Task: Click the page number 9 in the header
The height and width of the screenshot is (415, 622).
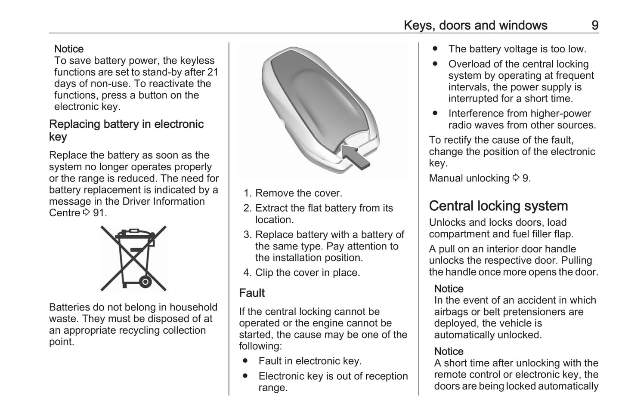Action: pyautogui.click(x=594, y=25)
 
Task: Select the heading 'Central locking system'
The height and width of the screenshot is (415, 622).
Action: pyautogui.click(x=498, y=206)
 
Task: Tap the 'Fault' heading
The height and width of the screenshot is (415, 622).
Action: pyautogui.click(x=252, y=293)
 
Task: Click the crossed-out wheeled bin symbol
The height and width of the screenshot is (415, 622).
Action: pyautogui.click(x=133, y=258)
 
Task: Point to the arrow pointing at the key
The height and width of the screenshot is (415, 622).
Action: pyautogui.click(x=356, y=156)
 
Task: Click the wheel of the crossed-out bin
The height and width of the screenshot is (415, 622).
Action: pyautogui.click(x=145, y=282)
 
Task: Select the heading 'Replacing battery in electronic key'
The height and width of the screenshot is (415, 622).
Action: pyautogui.click(x=126, y=130)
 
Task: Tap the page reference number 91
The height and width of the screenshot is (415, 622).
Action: pyautogui.click(x=99, y=213)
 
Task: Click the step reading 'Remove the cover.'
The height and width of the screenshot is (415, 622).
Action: pyautogui.click(x=298, y=193)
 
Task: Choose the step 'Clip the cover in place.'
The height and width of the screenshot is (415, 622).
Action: pyautogui.click(x=307, y=273)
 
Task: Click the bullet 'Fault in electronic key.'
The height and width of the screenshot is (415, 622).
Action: pyautogui.click(x=310, y=361)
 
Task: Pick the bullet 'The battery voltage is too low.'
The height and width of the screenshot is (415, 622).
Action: pyautogui.click(x=517, y=49)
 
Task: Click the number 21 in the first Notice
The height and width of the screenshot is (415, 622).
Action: pyautogui.click(x=213, y=72)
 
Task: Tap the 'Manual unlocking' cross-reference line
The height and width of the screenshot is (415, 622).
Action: pyautogui.click(x=480, y=178)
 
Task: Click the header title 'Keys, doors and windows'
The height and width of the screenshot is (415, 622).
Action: pyautogui.click(x=475, y=25)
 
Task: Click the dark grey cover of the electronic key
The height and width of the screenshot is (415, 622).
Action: pyautogui.click(x=314, y=95)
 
